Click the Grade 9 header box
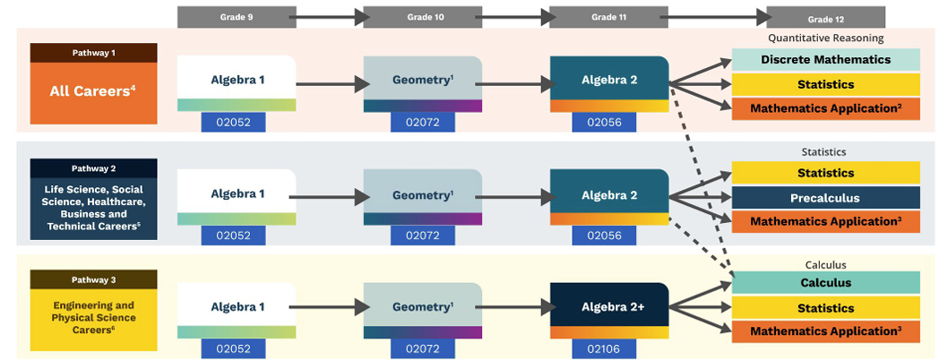pos(237,17)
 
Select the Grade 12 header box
pos(825,18)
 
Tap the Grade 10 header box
pos(422,17)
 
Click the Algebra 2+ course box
pos(609,305)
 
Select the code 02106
pos(609,349)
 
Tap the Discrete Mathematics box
pos(826,60)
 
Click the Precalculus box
pos(826,198)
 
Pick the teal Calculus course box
pos(826,283)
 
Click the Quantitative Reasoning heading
pos(825,39)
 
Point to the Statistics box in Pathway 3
pos(826,308)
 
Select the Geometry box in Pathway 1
pos(423,79)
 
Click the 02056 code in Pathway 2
pos(609,236)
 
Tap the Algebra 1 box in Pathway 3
pos(237,305)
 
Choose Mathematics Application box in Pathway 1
pos(826,108)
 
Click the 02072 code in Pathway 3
pos(423,349)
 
